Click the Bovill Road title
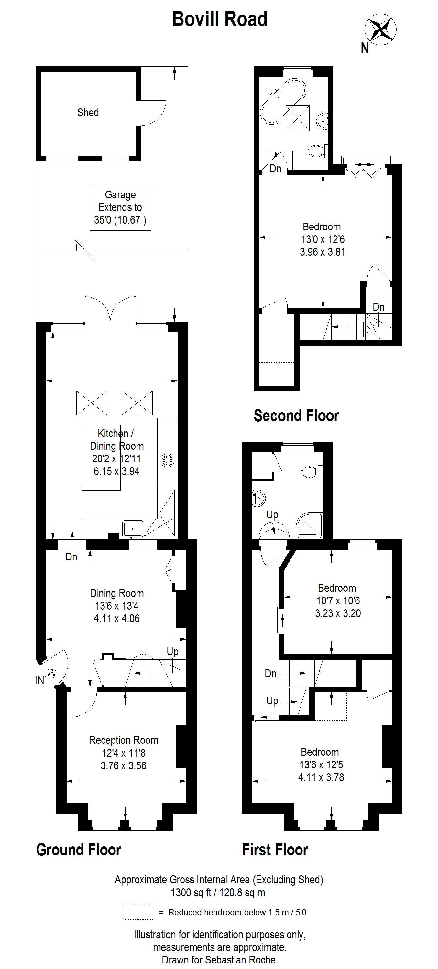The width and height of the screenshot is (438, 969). [x=220, y=19]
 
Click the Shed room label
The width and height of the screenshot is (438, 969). [x=88, y=113]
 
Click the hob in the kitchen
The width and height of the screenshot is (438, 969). [x=168, y=460]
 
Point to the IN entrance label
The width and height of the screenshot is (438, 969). [x=39, y=680]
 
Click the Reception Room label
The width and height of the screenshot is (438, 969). [x=123, y=740]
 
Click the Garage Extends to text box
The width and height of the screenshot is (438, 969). [x=120, y=207]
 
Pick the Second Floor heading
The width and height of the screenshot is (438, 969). [x=296, y=416]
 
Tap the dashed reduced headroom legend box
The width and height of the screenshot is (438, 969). [x=138, y=912]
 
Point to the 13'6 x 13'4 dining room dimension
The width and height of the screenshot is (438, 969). [x=117, y=606]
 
